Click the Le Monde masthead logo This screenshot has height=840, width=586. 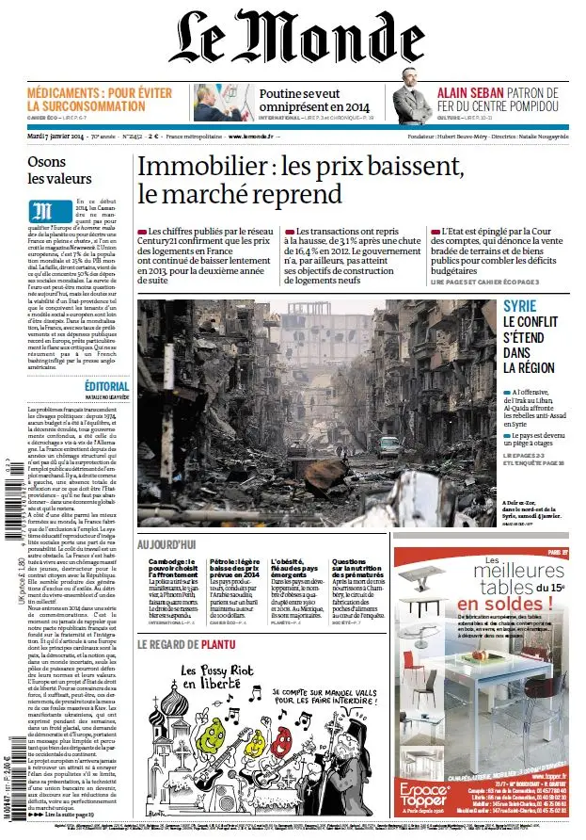pos(292,39)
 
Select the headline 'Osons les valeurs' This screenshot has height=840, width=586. pos(59,170)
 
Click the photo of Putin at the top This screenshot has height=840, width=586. pos(221,104)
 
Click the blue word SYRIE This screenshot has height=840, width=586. pos(520,307)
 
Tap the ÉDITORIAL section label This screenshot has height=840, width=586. pos(105,387)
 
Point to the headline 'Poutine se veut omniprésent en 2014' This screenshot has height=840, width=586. pos(314,101)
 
